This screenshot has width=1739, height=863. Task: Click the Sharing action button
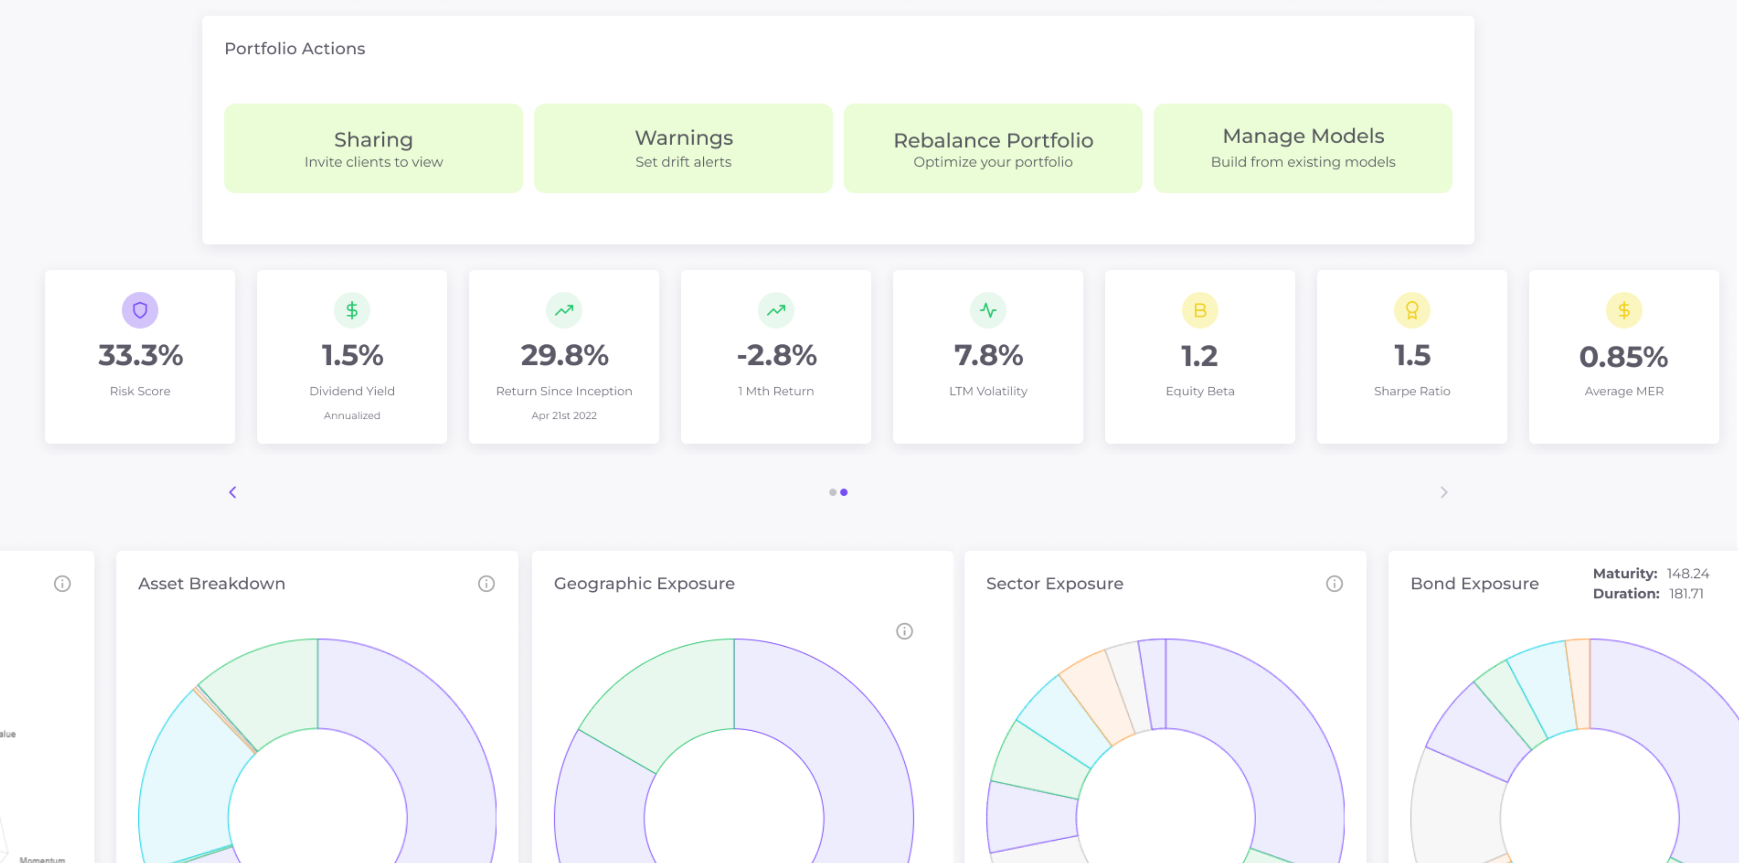(x=373, y=148)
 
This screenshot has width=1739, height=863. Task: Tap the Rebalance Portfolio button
(x=992, y=148)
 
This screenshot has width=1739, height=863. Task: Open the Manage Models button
(x=1302, y=148)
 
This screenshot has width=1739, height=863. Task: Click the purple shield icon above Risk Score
(x=140, y=310)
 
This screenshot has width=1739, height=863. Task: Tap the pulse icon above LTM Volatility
(x=988, y=310)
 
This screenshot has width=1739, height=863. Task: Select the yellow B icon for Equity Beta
(x=1200, y=310)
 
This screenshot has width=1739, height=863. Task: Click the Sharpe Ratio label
(x=1412, y=391)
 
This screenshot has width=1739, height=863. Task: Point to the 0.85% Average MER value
(x=1623, y=357)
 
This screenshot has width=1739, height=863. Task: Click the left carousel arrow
(x=232, y=492)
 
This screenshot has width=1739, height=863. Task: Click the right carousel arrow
(x=1443, y=492)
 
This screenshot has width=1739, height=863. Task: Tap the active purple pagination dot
(x=844, y=492)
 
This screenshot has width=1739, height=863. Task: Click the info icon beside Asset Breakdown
(x=486, y=583)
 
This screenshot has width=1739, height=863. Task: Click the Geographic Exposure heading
(x=644, y=583)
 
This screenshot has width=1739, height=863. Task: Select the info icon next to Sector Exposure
(x=1334, y=583)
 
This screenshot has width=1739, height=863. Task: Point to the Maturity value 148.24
(x=1687, y=573)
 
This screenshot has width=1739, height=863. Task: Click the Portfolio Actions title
(x=295, y=48)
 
